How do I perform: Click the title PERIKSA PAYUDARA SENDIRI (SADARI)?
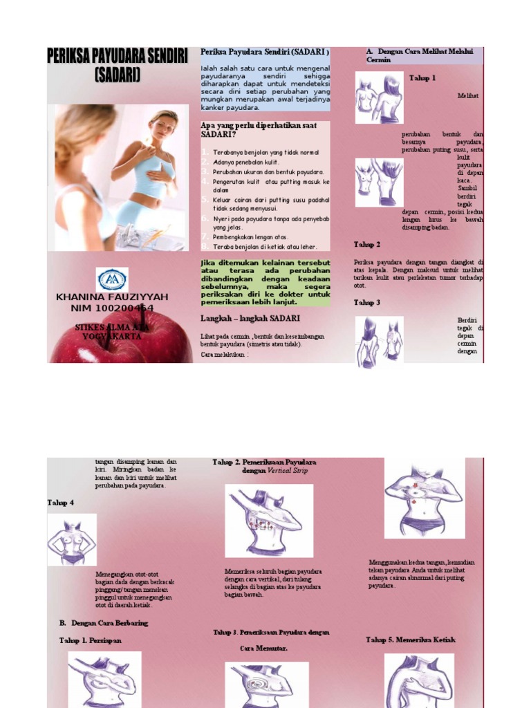(117, 66)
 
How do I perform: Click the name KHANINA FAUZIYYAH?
(111, 297)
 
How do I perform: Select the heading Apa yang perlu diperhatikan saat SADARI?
(259, 130)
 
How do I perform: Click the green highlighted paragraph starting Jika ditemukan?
(265, 282)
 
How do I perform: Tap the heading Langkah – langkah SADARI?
(250, 318)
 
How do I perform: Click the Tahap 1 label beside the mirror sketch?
(422, 78)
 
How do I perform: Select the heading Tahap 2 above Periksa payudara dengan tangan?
(367, 245)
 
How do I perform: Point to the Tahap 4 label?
(61, 502)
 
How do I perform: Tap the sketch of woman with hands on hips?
(71, 539)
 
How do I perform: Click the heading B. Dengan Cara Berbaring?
(104, 623)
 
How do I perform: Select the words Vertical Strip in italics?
(285, 471)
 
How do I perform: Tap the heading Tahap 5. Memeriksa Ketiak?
(411, 640)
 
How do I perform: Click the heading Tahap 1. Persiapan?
(90, 641)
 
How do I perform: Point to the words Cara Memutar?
(263, 649)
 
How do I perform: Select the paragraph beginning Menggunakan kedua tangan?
(422, 574)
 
